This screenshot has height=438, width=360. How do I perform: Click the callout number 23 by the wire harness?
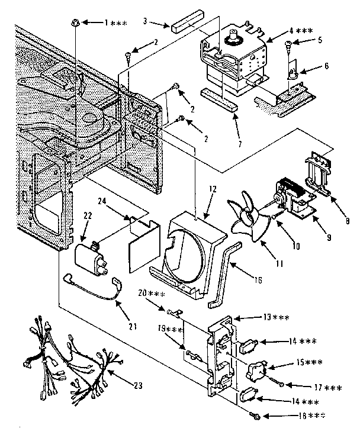(137, 386)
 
